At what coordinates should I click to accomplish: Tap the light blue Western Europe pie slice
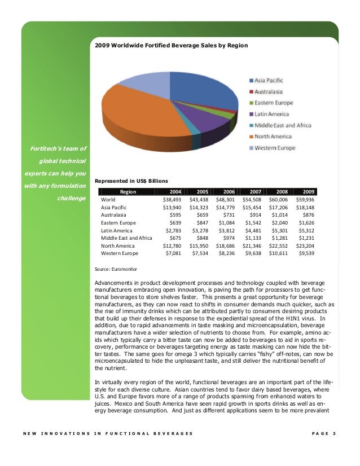pos(141,83)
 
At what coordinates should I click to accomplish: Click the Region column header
pos(128,191)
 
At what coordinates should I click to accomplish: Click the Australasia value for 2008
pos(278,215)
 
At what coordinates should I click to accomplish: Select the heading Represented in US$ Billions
pos(131,181)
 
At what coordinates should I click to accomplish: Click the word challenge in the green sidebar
pos(72,198)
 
